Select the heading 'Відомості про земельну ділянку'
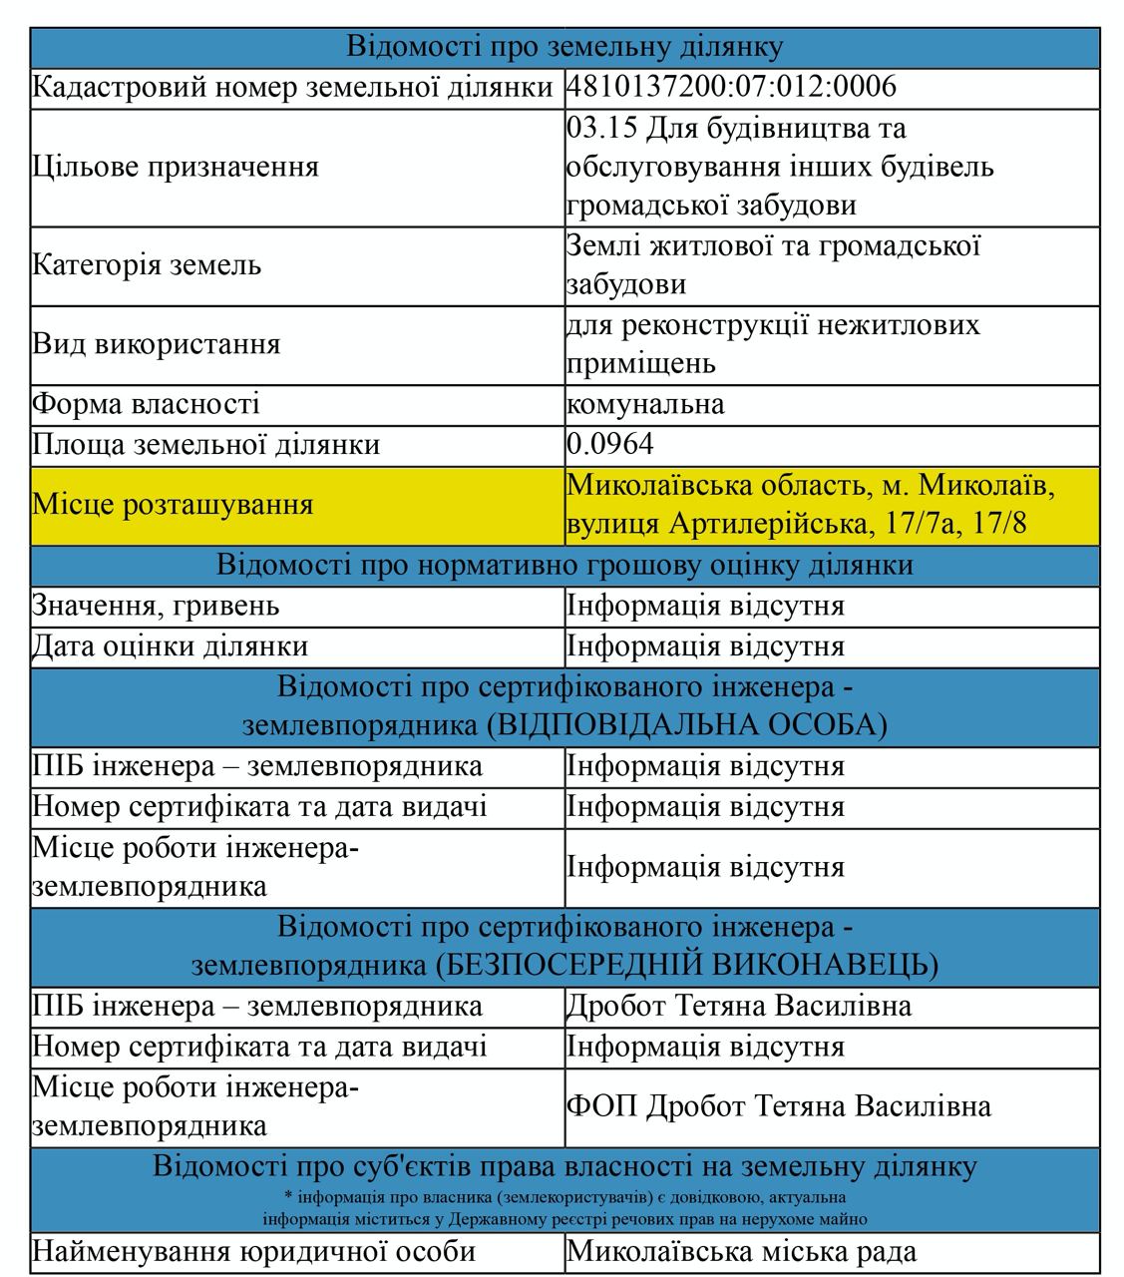pyautogui.click(x=564, y=47)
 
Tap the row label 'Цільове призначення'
pyautogui.click(x=176, y=167)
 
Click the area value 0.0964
pyautogui.click(x=610, y=445)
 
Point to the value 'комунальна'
pyautogui.click(x=645, y=405)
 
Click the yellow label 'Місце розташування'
pyautogui.click(x=173, y=505)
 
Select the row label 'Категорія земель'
pyautogui.click(x=147, y=265)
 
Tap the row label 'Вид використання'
pyautogui.click(x=156, y=344)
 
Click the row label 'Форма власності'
pyautogui.click(x=146, y=405)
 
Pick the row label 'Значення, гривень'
pyautogui.click(x=156, y=607)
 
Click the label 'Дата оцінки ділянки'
pyautogui.click(x=170, y=646)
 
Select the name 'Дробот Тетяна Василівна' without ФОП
pyautogui.click(x=738, y=1006)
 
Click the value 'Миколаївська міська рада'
pyautogui.click(x=741, y=1252)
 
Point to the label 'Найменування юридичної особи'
pyautogui.click(x=253, y=1252)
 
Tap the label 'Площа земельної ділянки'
pyautogui.click(x=205, y=445)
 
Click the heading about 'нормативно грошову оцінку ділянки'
pyautogui.click(x=564, y=566)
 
